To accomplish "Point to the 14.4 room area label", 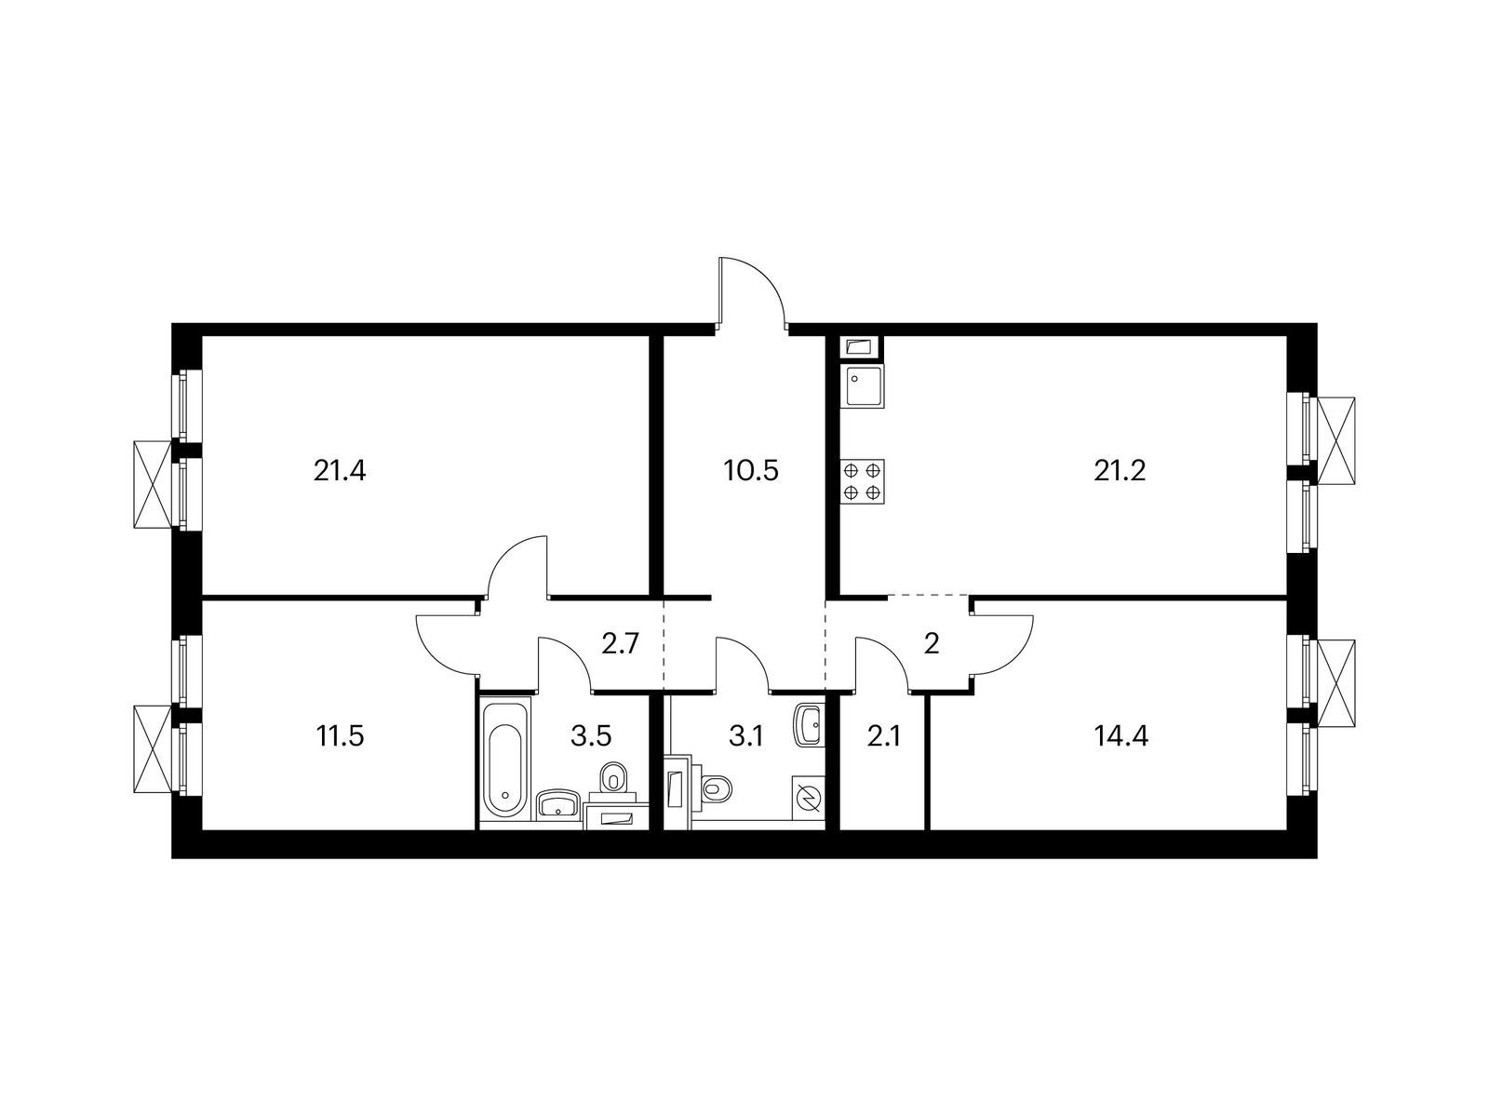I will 1122,737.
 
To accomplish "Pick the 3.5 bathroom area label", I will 590,737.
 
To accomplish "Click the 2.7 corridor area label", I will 620,644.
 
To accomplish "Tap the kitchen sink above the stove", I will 863,385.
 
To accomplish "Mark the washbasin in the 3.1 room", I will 809,723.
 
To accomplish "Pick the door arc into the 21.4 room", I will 516,561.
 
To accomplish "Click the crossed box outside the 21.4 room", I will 154,484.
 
